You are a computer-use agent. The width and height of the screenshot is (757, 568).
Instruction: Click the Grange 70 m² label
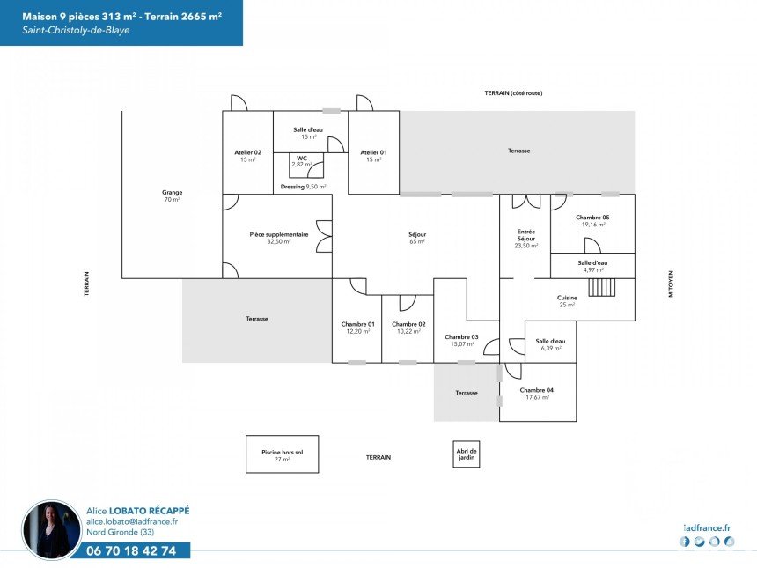(172, 195)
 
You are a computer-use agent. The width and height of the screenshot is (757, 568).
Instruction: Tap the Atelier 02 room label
(247, 156)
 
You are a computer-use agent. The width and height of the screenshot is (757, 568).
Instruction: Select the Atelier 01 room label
(374, 156)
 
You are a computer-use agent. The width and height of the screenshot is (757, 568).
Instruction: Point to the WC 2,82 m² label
(302, 161)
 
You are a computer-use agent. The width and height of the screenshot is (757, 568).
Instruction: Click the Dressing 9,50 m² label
(303, 187)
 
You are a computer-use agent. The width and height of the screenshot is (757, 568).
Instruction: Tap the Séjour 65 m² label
(417, 238)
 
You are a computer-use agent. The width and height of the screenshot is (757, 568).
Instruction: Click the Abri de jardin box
(467, 454)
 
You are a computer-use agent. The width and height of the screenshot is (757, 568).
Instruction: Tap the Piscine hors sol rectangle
(283, 454)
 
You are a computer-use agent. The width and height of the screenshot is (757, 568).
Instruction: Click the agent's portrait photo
(52, 530)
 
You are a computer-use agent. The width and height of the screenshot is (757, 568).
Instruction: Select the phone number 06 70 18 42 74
(131, 550)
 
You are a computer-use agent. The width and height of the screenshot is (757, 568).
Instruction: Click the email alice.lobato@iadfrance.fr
(132, 521)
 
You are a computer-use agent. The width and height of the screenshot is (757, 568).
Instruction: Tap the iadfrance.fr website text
(708, 528)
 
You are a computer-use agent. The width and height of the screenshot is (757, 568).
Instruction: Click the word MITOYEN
(671, 284)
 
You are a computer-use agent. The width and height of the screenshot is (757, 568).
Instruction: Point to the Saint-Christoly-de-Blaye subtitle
(76, 30)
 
